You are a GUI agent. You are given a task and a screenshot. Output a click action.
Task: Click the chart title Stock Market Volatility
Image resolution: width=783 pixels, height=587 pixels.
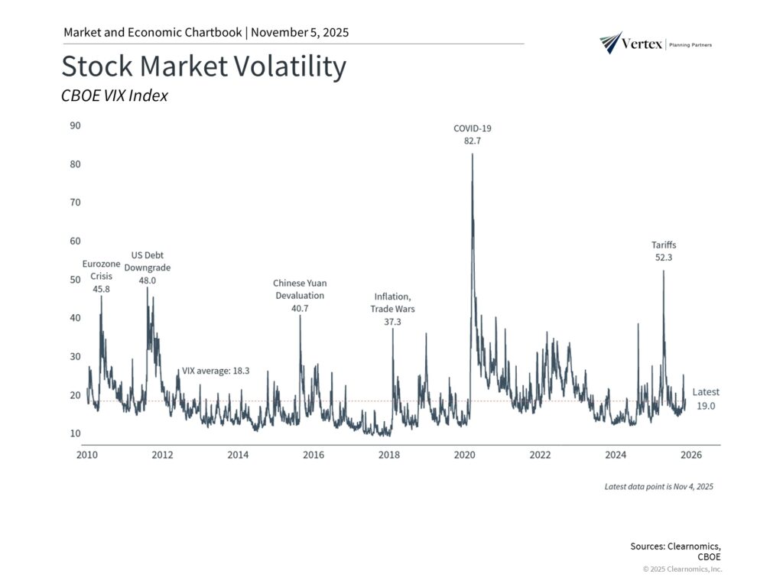[x=203, y=67]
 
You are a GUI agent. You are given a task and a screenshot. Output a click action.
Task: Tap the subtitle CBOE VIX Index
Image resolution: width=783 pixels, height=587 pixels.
[x=114, y=96]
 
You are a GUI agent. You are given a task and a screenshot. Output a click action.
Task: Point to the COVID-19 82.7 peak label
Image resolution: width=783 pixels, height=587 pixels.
[x=472, y=135]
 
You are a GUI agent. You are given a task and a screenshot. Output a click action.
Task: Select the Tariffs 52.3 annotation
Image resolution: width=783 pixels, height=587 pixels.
[x=663, y=251]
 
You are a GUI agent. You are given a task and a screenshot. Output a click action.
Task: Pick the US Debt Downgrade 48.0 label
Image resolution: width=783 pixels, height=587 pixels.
[x=148, y=268]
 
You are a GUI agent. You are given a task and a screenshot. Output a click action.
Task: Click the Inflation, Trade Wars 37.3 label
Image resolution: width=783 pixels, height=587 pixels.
[x=394, y=309]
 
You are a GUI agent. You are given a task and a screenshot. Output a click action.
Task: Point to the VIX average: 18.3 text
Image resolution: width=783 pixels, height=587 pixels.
[x=216, y=370]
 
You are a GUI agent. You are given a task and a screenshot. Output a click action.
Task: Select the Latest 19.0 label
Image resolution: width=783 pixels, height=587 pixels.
[x=705, y=399]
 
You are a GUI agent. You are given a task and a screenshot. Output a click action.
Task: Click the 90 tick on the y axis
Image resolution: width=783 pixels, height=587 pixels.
[x=75, y=125]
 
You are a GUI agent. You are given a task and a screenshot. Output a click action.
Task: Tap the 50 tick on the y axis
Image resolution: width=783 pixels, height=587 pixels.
[x=75, y=280]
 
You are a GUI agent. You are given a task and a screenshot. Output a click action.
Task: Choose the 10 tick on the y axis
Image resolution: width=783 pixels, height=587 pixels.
[x=75, y=434]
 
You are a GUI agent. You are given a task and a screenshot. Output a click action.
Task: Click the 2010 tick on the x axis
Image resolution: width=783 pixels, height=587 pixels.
[x=86, y=456]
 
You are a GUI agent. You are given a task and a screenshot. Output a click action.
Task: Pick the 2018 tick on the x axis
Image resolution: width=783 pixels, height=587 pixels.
[x=389, y=456]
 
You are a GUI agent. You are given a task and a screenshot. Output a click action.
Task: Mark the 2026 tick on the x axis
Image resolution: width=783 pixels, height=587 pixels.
[x=691, y=456]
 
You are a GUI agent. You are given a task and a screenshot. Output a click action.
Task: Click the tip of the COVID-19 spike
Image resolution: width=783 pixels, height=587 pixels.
[x=472, y=154]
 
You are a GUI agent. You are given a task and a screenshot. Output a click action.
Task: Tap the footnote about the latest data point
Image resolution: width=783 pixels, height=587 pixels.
[x=658, y=486]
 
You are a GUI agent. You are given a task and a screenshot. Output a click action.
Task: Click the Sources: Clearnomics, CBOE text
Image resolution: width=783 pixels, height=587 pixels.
[x=675, y=551]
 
